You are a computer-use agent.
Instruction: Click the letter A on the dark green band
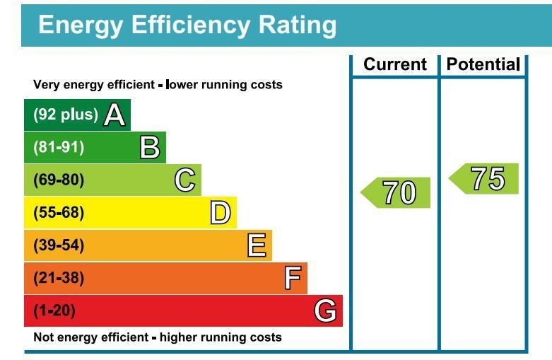click(115, 115)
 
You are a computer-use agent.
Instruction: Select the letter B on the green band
click(150, 147)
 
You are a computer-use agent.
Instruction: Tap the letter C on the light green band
click(185, 180)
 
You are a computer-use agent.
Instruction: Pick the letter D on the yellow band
click(221, 213)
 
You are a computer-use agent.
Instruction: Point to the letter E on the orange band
click(257, 245)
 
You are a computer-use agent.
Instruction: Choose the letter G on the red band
click(326, 310)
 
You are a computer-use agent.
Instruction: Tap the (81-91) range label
click(59, 147)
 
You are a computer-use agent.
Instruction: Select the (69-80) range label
click(59, 180)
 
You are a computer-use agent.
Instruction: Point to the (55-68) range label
click(59, 213)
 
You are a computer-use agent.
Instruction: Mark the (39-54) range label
click(59, 245)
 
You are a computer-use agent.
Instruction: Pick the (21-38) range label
click(59, 278)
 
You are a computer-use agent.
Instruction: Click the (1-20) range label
click(54, 310)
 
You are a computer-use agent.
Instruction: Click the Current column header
click(395, 65)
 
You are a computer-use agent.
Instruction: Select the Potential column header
click(483, 65)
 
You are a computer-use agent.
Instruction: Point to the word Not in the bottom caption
click(43, 337)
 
